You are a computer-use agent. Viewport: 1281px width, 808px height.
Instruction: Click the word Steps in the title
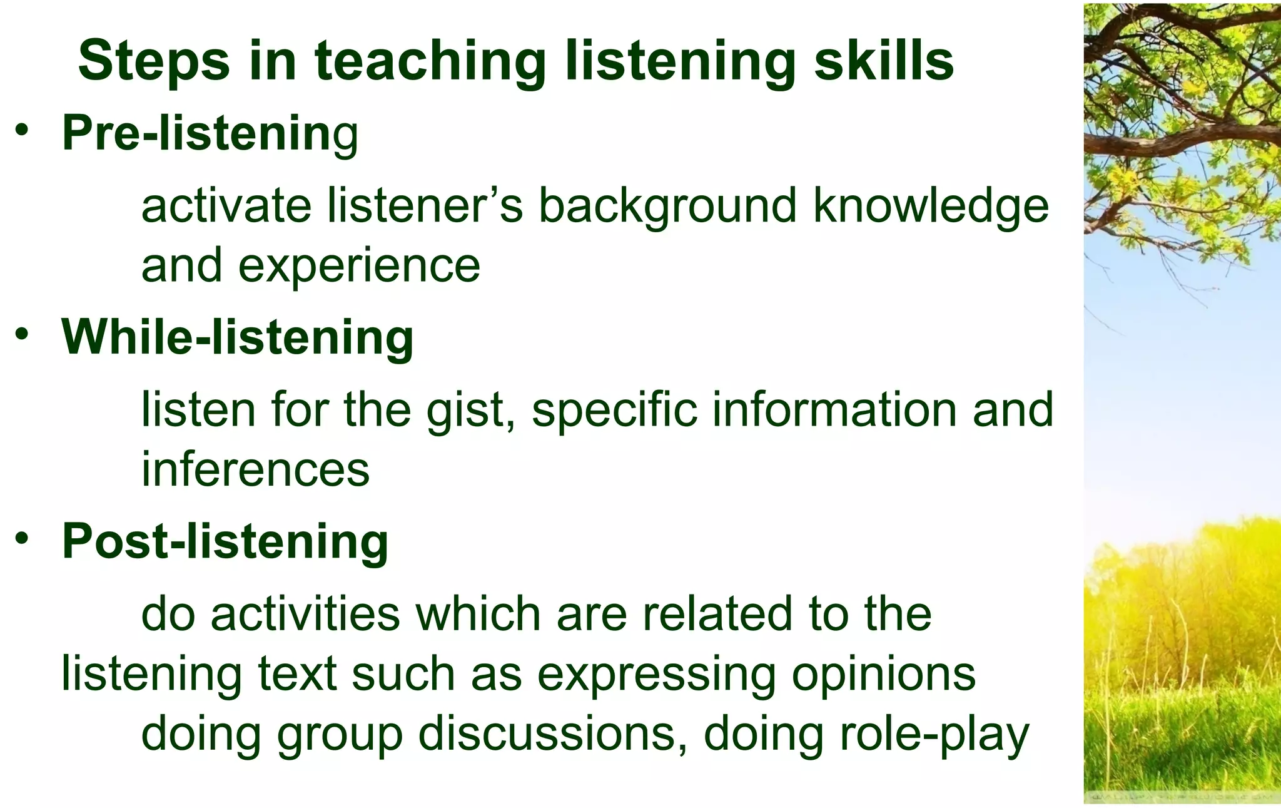154,61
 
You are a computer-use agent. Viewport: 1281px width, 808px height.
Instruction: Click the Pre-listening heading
210,133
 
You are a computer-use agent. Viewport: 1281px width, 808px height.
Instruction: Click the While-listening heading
238,337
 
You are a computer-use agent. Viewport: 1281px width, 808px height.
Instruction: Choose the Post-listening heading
225,541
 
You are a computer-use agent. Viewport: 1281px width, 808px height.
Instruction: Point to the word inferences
255,469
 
